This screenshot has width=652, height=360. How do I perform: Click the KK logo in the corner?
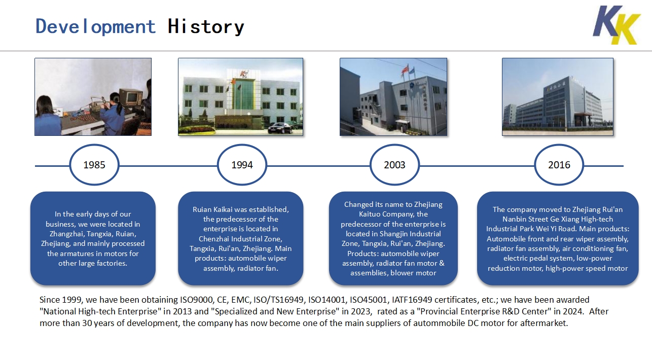(x=616, y=25)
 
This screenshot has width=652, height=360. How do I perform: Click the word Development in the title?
(x=95, y=26)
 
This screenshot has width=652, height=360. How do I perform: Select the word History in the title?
(x=206, y=26)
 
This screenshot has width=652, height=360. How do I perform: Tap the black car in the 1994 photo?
(x=280, y=128)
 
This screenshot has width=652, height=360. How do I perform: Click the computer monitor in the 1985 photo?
(x=131, y=97)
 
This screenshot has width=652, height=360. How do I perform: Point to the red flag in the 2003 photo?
(x=405, y=69)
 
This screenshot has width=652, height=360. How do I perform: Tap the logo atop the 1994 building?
(x=244, y=74)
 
